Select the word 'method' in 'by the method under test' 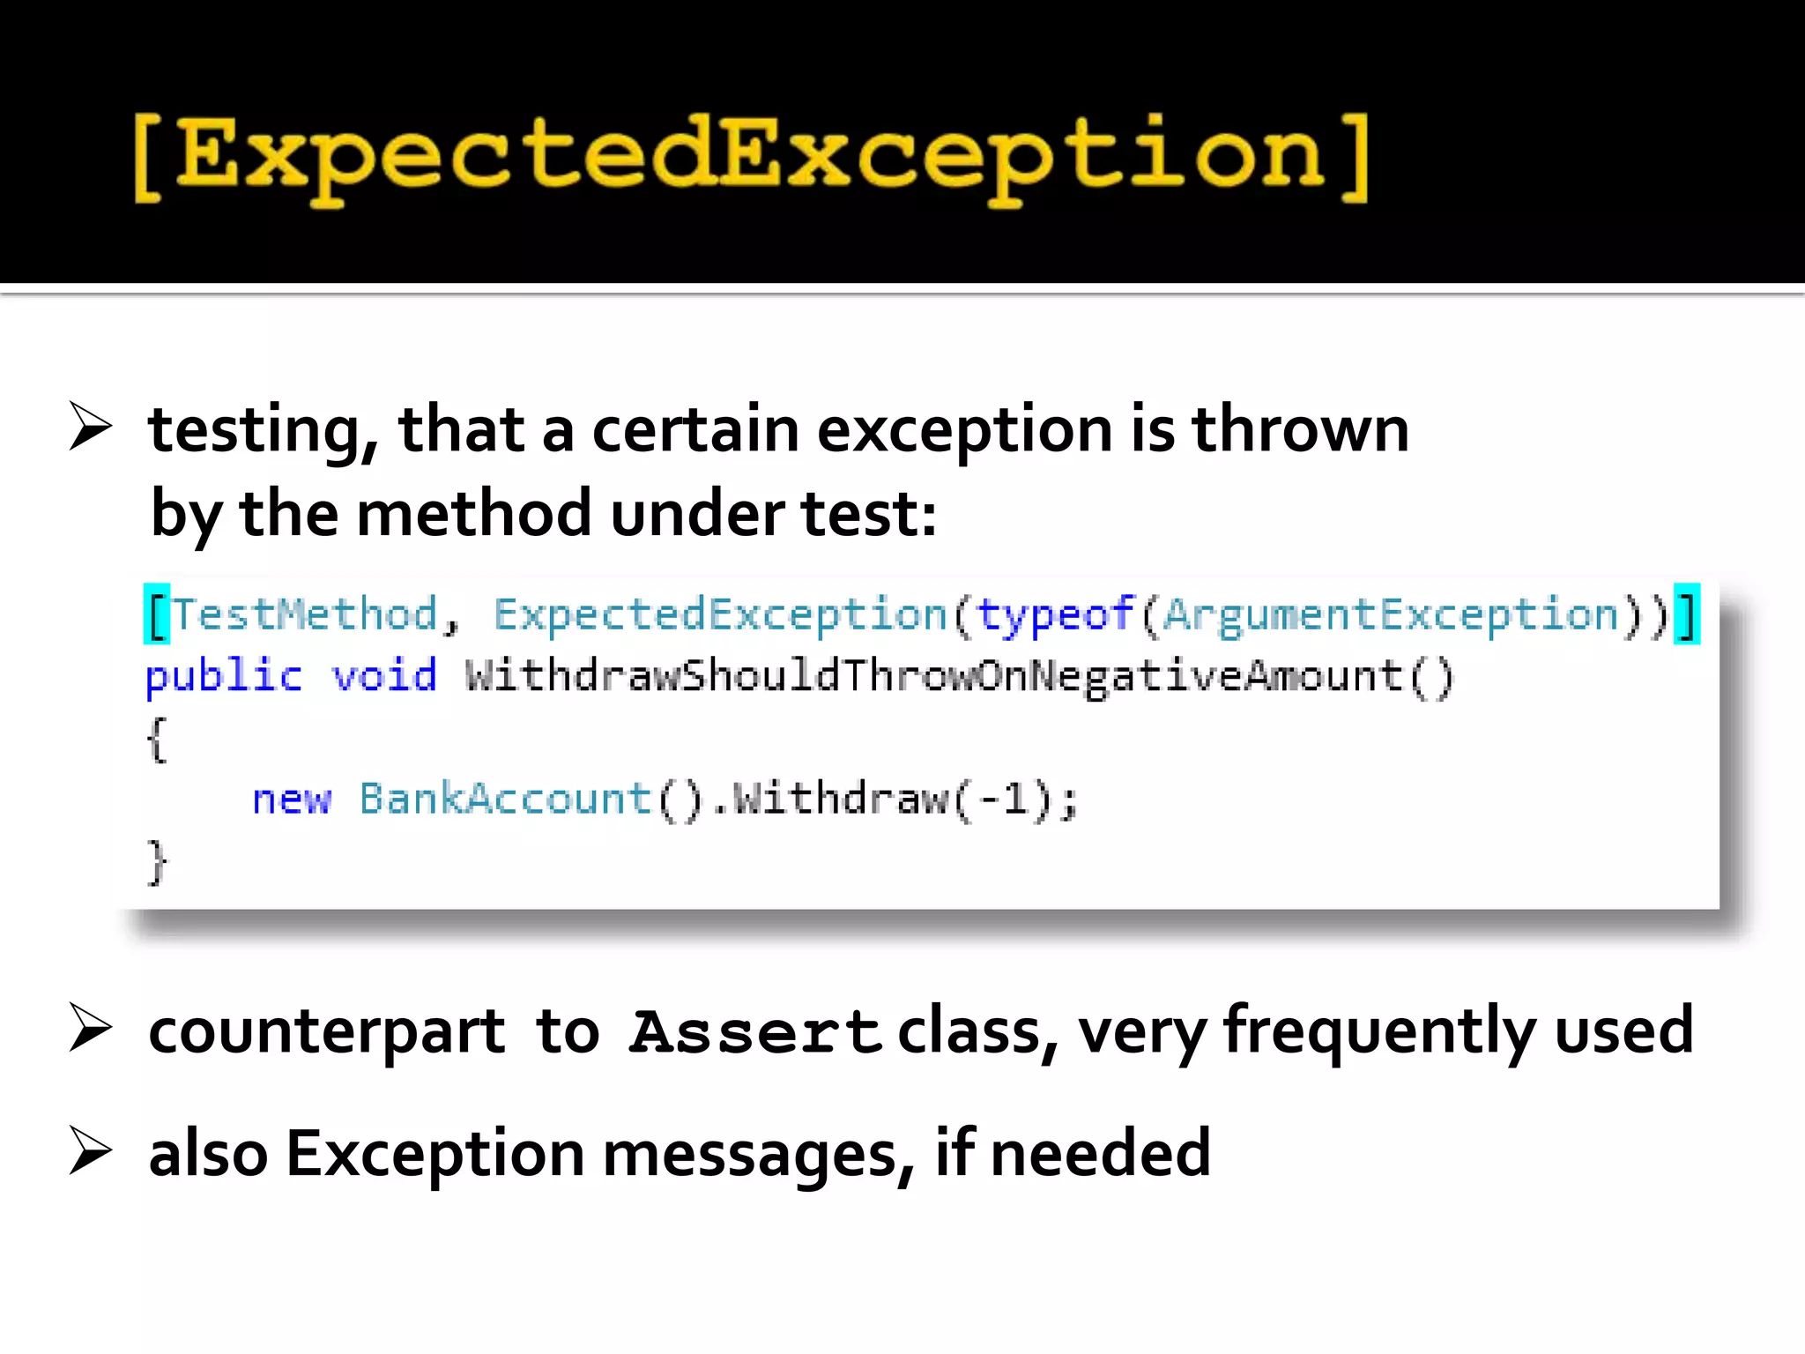coord(474,514)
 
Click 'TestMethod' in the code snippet coord(304,614)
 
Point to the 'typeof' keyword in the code coord(1055,614)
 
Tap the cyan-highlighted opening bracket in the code coord(157,614)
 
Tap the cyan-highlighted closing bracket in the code coord(1687,614)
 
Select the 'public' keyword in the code coord(223,677)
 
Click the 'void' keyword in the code coord(383,677)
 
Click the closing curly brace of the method coord(157,862)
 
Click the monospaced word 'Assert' coord(755,1032)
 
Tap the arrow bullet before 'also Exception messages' coord(90,1152)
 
